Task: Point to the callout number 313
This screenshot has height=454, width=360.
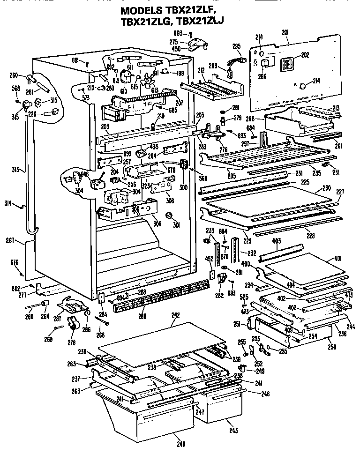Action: point(16,169)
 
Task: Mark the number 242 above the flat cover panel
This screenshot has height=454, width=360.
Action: point(175,316)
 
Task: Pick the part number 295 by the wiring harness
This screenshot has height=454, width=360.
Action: point(236,46)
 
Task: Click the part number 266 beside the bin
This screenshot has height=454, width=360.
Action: point(250,119)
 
